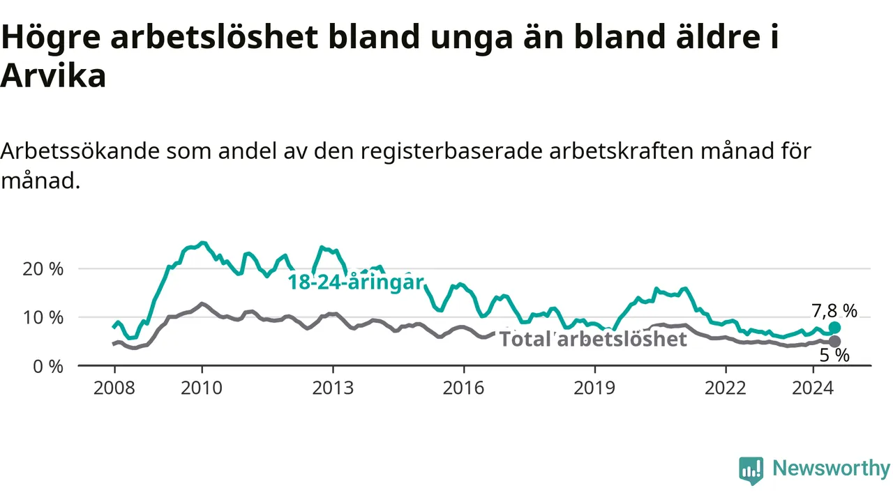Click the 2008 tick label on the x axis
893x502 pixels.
pos(114,388)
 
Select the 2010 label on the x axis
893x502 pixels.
pos(202,388)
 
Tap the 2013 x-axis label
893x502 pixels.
pos(333,388)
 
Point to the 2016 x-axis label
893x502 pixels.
pos(464,388)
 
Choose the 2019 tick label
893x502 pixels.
pos(594,388)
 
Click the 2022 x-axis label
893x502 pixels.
pos(726,388)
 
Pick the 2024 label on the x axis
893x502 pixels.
pos(813,388)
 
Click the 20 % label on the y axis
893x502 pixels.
pos(43,269)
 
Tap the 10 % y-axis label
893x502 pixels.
pos(43,318)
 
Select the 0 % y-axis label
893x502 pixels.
pos(48,367)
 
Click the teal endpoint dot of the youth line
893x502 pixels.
pos(834,328)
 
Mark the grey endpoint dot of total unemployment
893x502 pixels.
pos(834,342)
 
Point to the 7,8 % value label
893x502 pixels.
pos(834,311)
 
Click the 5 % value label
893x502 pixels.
pos(834,355)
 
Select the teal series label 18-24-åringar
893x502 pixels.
pos(356,282)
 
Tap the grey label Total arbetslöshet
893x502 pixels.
pos(593,340)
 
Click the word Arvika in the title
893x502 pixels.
pos(54,76)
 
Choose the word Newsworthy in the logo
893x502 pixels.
pos(832,468)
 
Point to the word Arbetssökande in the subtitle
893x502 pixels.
pos(80,151)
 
